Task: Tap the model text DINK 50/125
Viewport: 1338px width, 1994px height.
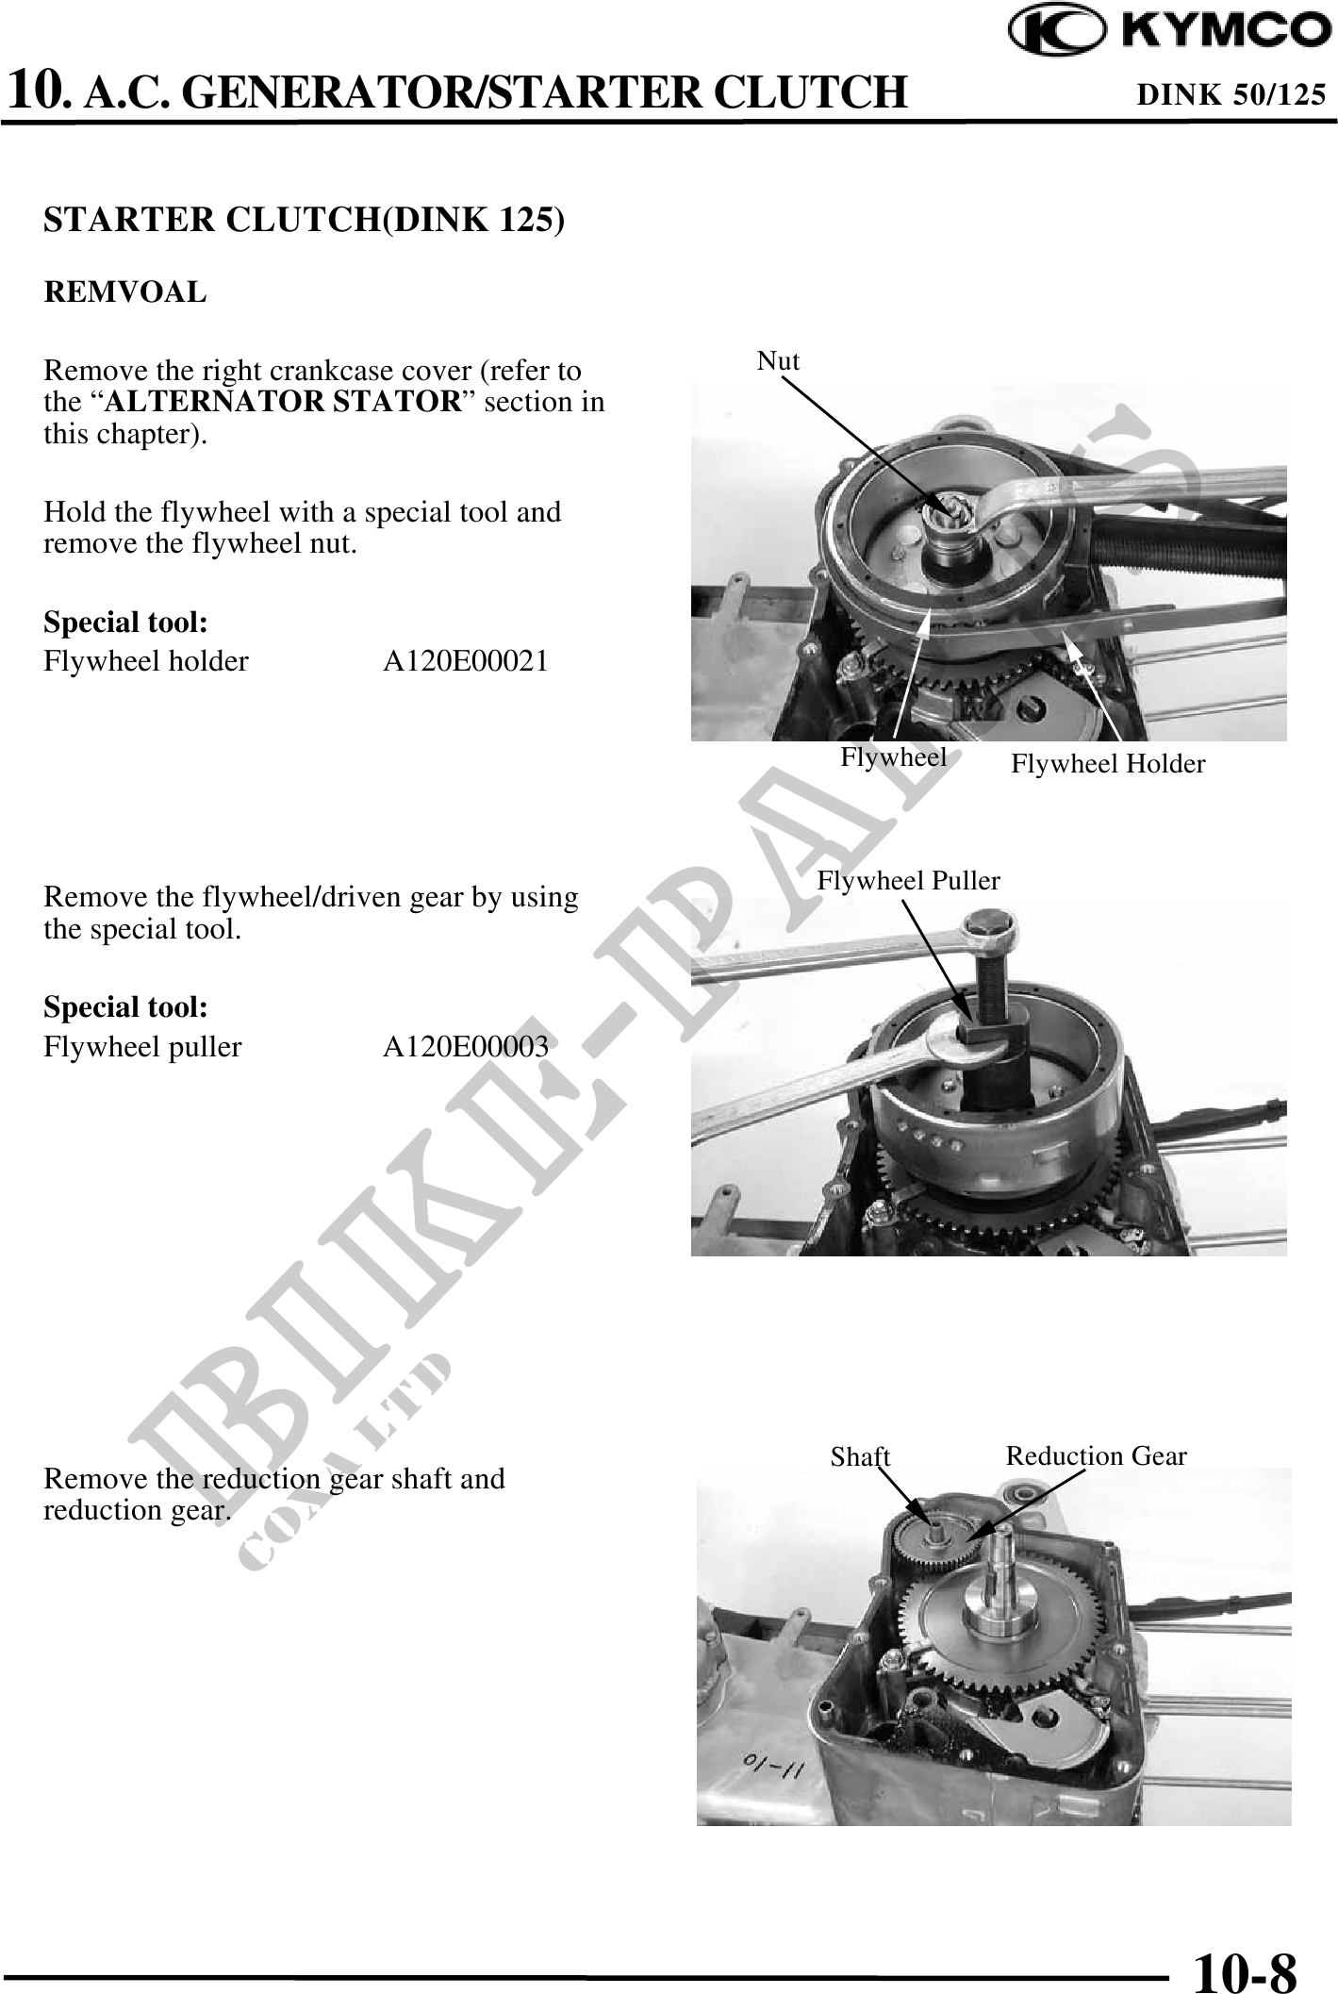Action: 1231,94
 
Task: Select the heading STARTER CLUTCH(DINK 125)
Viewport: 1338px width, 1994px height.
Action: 305,219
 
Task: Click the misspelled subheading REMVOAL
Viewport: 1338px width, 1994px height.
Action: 125,292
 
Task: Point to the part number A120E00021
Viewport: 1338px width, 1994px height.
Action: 465,661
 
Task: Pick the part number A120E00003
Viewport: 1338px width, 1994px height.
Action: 465,1047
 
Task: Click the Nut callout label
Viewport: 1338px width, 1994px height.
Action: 779,361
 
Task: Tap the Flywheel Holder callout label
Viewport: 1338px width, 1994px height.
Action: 1108,764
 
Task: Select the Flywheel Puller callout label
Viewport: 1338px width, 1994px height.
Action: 908,881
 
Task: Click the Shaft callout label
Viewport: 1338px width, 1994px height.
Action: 860,1457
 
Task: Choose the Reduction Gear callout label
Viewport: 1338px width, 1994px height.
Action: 1096,1456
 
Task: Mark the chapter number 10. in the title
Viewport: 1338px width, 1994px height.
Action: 39,92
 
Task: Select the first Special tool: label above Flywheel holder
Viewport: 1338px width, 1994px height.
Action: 125,623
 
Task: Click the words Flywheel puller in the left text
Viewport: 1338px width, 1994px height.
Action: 142,1047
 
